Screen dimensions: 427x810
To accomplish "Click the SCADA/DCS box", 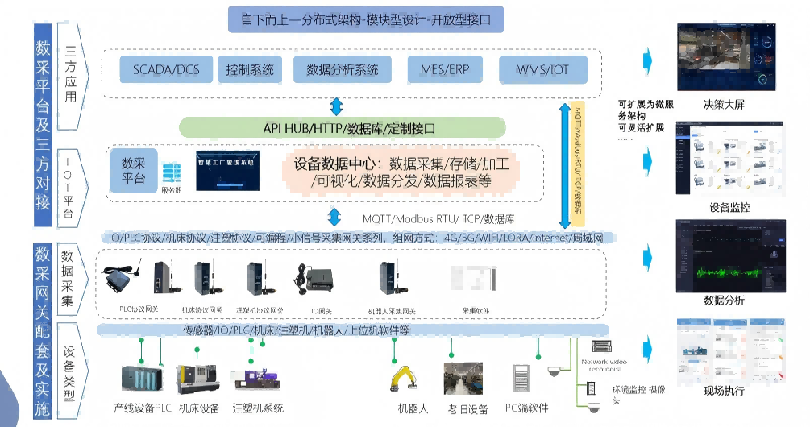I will click(165, 69).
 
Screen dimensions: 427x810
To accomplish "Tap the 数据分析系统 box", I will click(343, 69).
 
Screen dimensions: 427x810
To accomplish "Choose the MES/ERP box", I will click(442, 69).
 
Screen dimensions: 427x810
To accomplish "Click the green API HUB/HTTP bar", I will click(342, 127).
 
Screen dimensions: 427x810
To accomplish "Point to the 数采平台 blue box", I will click(134, 169).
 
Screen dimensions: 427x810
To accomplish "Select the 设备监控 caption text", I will click(729, 208).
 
